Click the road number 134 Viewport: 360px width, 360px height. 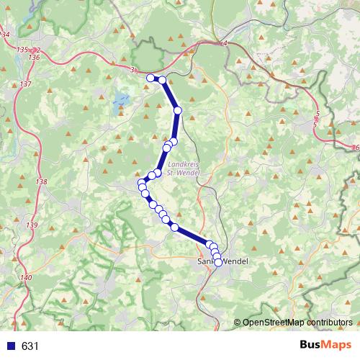6,34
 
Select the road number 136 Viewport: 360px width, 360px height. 34,56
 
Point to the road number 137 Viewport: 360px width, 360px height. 26,84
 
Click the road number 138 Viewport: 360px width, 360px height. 40,182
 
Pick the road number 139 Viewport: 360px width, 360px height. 32,225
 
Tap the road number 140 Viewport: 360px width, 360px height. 27,277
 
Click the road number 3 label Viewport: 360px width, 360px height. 133,69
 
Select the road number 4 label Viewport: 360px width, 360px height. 225,44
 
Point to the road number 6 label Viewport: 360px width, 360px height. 356,148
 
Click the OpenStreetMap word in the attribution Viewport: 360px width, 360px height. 271,322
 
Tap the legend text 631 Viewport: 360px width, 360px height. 30,346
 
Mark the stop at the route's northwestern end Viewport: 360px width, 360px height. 150,78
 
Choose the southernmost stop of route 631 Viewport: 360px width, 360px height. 218,262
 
